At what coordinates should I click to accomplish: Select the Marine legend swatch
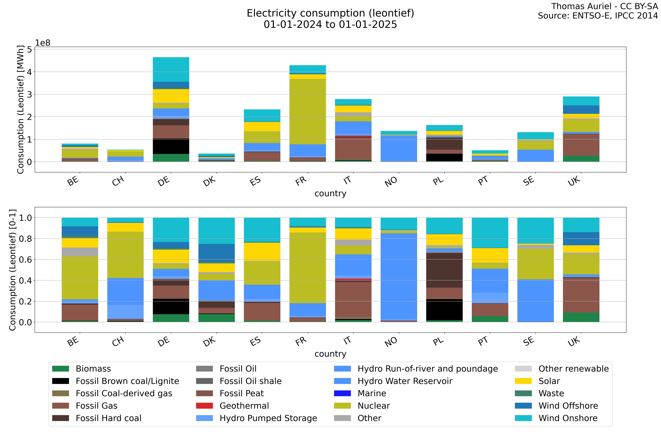click(x=342, y=393)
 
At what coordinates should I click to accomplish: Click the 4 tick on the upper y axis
click(x=29, y=72)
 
